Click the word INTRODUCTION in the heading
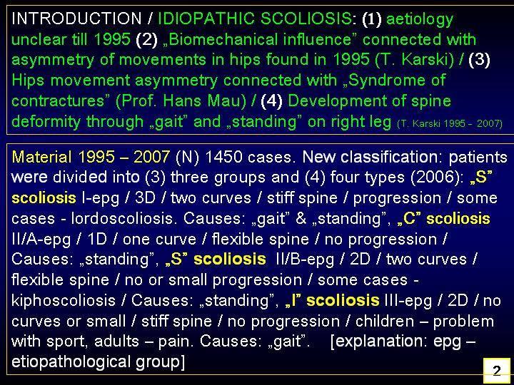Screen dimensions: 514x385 click(x=76, y=19)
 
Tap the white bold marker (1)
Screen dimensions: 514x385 click(x=372, y=19)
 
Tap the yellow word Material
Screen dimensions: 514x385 click(x=41, y=157)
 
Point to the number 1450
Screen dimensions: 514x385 click(x=223, y=157)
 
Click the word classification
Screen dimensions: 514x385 click(x=391, y=157)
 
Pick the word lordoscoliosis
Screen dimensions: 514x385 click(x=122, y=219)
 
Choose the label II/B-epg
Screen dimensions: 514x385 click(x=306, y=260)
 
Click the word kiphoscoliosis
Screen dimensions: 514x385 click(x=64, y=301)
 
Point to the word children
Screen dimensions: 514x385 click(x=385, y=321)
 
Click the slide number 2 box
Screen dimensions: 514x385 click(x=497, y=370)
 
